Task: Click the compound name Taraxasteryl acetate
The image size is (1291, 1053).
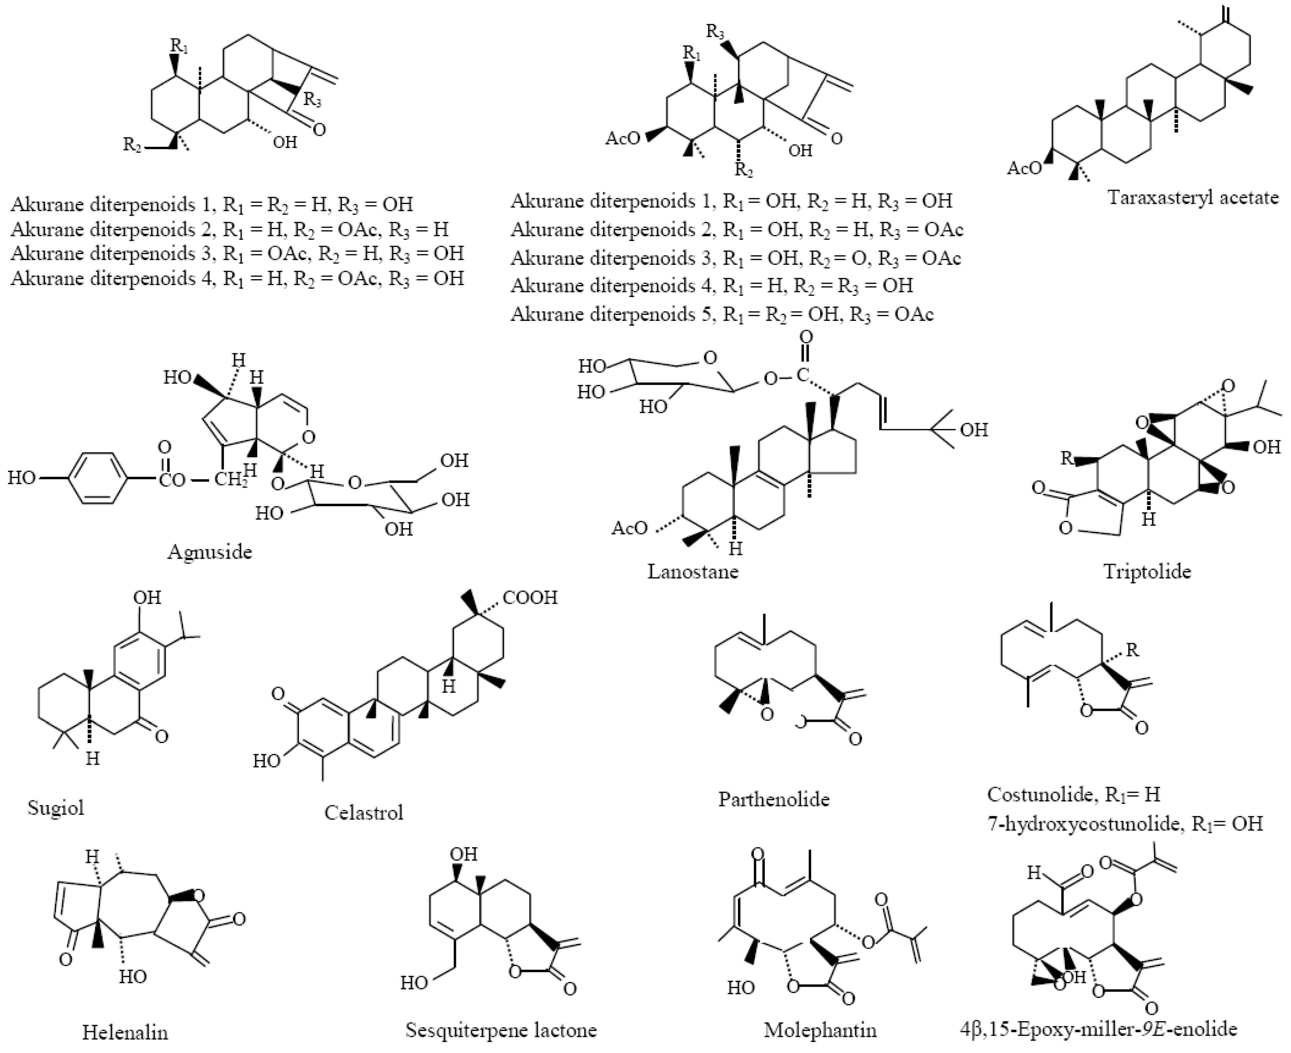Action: [x=1193, y=198]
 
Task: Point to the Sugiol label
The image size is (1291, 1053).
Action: [x=56, y=807]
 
